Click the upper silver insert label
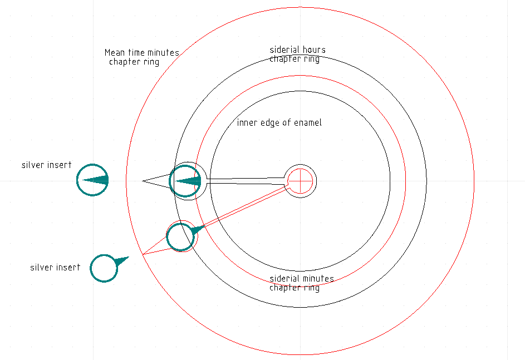click(47, 165)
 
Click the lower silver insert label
click(55, 268)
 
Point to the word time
click(137, 53)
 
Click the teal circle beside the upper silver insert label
click(92, 180)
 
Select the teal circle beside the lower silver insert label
click(104, 269)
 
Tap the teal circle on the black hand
click(185, 181)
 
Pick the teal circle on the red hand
click(181, 236)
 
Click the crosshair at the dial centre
click(301, 180)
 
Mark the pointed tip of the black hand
click(143, 181)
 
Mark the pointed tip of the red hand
click(143, 254)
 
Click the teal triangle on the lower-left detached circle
click(121, 260)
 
